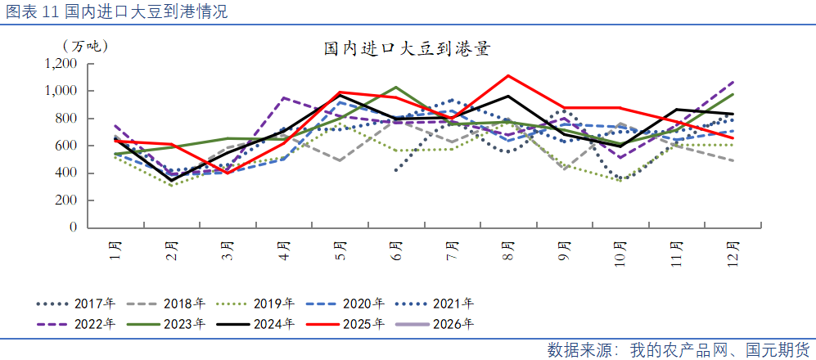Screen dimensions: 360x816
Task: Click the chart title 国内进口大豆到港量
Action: point(407,50)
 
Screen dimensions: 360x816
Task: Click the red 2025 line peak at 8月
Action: point(508,76)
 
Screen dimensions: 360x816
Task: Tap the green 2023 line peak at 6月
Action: point(396,87)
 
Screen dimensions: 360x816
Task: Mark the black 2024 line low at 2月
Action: point(172,180)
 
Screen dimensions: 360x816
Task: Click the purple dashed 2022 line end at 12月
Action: point(733,82)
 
